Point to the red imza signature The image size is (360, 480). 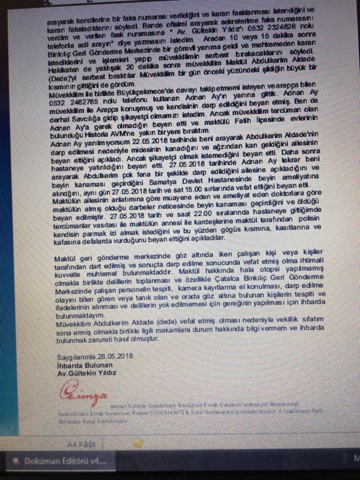80,397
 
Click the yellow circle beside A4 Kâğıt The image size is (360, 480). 138,442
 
